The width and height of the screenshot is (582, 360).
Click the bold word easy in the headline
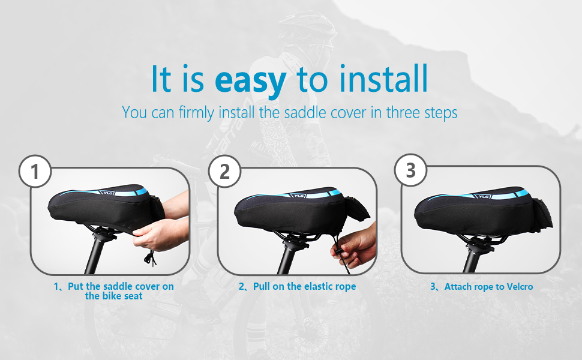coord(250,80)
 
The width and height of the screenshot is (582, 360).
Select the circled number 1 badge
coord(35,172)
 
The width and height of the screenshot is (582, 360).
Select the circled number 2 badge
coord(224,172)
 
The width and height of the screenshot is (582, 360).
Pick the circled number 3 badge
coord(410,171)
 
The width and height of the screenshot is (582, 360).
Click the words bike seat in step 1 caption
coord(114,296)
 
